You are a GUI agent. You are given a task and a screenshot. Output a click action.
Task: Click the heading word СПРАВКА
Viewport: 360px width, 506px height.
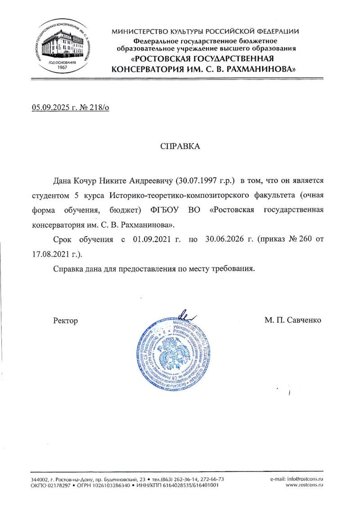180,147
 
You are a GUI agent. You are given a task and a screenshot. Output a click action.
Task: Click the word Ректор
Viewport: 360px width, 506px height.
65,321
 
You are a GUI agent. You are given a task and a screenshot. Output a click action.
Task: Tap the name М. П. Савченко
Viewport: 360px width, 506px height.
293,320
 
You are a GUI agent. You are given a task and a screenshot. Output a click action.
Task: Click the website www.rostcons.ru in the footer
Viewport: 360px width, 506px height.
305,486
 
